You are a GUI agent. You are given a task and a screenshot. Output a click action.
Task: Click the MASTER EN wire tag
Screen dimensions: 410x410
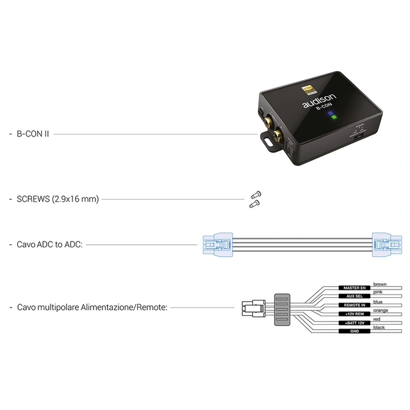pos(355,289)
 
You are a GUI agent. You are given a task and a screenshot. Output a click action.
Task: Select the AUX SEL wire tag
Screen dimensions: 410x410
pos(355,297)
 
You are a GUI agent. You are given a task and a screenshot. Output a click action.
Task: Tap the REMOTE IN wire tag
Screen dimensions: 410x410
pos(355,306)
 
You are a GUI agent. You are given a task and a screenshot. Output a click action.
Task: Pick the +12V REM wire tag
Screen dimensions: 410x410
pos(355,315)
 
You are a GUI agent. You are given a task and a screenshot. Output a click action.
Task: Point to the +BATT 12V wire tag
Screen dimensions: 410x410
pos(355,323)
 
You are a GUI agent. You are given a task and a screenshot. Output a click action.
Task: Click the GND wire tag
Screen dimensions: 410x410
pos(355,331)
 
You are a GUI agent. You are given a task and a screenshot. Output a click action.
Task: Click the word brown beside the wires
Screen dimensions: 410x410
pos(381,283)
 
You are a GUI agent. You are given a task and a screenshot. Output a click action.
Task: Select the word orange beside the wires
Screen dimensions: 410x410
pos(382,310)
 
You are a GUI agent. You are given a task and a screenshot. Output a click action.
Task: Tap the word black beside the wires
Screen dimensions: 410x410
pos(380,327)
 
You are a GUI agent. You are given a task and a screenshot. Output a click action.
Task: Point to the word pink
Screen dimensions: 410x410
pos(378,292)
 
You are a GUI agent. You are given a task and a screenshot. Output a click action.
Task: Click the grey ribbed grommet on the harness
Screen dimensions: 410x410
pos(283,310)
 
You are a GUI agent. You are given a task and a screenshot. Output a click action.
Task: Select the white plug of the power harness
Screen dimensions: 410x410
pos(254,309)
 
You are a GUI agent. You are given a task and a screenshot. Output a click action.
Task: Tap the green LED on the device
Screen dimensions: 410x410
pos(332,118)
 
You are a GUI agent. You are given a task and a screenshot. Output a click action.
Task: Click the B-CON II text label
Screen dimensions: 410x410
pos(33,135)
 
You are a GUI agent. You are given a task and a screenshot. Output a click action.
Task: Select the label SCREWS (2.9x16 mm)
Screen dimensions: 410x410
pos(58,199)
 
